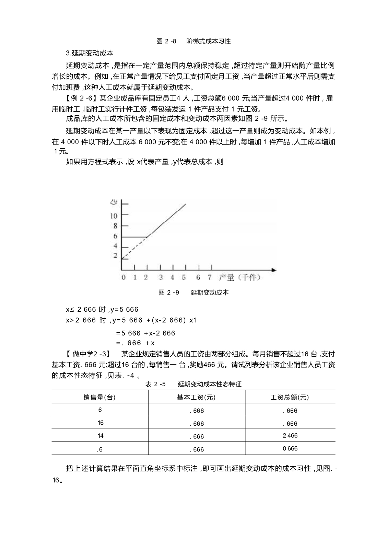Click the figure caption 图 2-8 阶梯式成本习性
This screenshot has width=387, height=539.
tap(193, 42)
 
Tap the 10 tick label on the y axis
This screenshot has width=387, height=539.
tap(114, 216)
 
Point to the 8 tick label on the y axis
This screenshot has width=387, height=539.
tap(115, 226)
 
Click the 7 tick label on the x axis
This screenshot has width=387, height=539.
tap(209, 277)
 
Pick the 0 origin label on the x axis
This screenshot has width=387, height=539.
tap(124, 277)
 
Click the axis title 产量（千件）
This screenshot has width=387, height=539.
tap(239, 277)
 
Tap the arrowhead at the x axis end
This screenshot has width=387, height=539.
tap(273, 270)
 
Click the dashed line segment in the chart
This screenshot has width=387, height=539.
tap(134, 248)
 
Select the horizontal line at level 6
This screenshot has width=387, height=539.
tap(134, 237)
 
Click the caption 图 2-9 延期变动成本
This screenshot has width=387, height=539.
tap(193, 293)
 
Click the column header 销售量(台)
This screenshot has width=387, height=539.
tap(99, 397)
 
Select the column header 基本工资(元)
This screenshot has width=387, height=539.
tap(196, 397)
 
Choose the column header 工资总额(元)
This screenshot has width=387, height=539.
tap(290, 397)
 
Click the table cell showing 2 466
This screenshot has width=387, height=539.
tap(290, 436)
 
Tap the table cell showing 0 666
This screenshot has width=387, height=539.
tap(290, 449)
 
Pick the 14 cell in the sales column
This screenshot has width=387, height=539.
tap(100, 436)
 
